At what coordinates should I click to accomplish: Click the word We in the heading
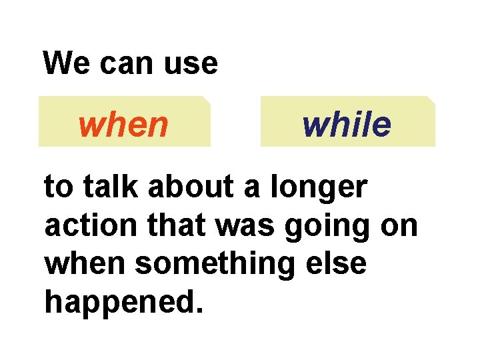(63, 64)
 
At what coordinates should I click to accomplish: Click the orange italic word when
(123, 125)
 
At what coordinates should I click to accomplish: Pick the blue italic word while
(347, 125)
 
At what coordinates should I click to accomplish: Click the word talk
(107, 189)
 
